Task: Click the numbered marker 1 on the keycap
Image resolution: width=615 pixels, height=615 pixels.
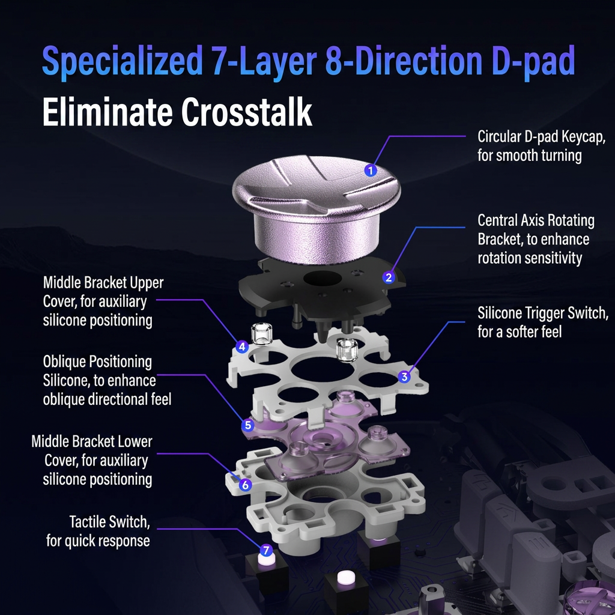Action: point(371,170)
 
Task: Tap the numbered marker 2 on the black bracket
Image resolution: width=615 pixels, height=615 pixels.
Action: point(389,277)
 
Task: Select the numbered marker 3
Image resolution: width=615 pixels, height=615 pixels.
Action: point(404,377)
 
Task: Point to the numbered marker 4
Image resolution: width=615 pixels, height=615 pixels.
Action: point(242,347)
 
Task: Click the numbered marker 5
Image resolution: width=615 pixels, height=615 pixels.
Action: point(247,425)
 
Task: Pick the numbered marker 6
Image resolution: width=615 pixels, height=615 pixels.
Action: point(245,485)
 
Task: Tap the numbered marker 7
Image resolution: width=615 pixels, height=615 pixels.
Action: point(266,550)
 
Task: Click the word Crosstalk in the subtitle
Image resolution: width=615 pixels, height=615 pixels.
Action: point(246,112)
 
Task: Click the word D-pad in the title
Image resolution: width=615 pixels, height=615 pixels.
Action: point(533,61)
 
